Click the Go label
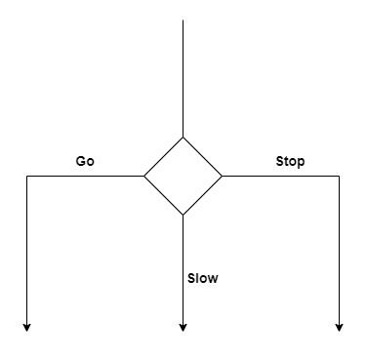(85, 161)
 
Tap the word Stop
(290, 161)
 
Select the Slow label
(203, 278)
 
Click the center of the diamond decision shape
(183, 177)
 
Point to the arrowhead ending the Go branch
(26, 327)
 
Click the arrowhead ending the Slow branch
(183, 327)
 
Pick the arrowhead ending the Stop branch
(339, 327)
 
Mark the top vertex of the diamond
(183, 138)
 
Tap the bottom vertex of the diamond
(183, 216)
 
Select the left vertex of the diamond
(143, 177)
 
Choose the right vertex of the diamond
(222, 177)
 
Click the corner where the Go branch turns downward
(26, 177)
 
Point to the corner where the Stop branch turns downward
(339, 177)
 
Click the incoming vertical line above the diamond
(183, 78)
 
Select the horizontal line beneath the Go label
(85, 177)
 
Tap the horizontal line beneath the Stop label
(281, 177)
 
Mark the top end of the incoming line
(183, 20)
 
